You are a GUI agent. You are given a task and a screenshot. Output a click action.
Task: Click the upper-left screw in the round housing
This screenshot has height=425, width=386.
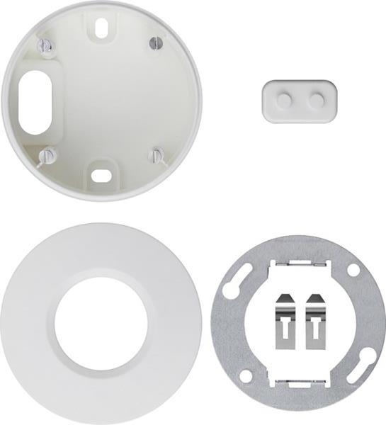coord(47,46)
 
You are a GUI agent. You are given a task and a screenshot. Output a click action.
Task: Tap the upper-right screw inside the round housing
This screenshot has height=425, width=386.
coord(157,43)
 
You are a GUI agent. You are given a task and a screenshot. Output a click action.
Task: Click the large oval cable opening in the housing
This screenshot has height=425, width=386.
coord(34,101)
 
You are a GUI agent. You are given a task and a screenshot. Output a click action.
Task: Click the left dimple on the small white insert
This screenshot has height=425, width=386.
coord(283,101)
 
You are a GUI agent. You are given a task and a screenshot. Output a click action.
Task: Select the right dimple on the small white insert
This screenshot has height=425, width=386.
coord(315,101)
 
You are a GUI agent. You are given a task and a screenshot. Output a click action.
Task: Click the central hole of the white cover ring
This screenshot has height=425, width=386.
coord(101,323)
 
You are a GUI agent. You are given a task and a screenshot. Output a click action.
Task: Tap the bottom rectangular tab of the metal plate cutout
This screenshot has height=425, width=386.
coord(297,383)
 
